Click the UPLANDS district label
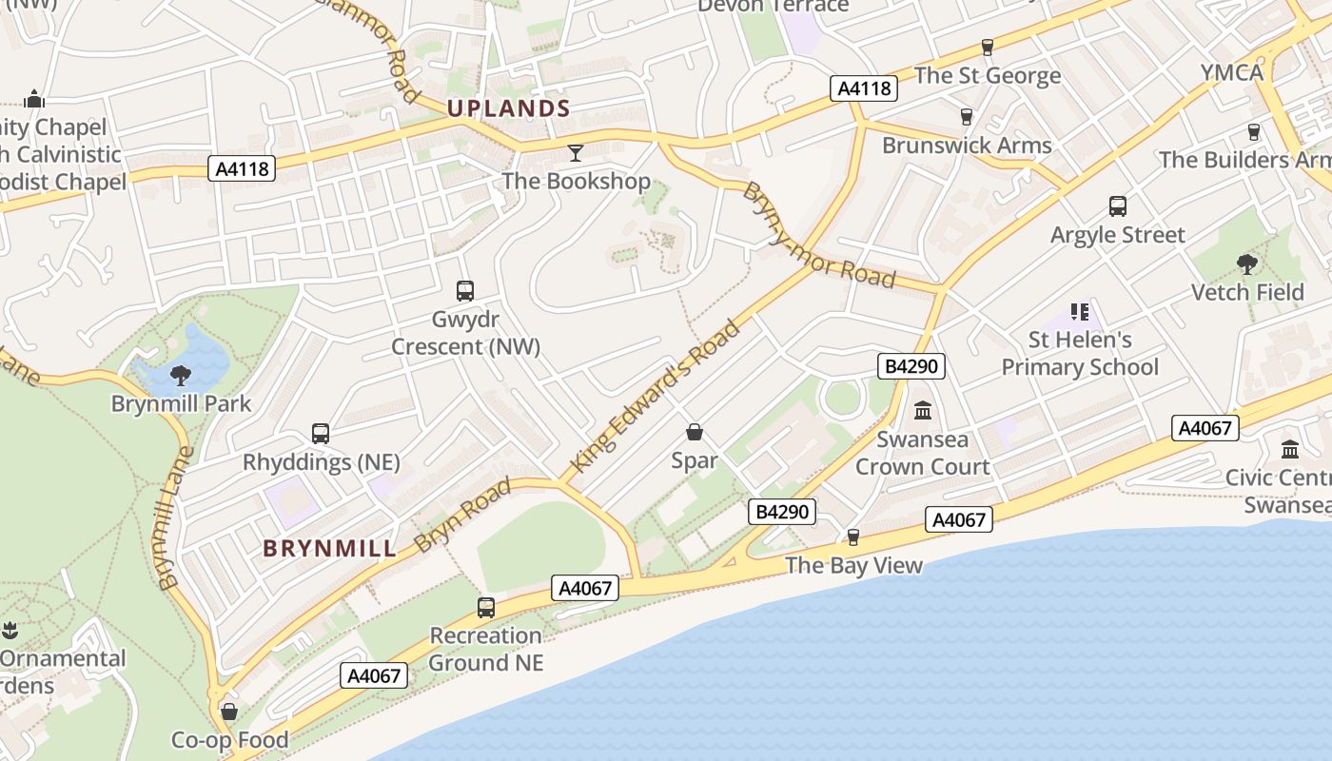coord(508,108)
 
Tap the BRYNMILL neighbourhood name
coord(329,548)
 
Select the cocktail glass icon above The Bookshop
coord(576,152)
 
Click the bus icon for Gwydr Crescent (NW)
coord(465,291)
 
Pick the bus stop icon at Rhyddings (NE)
coord(321,434)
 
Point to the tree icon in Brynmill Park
coord(181,376)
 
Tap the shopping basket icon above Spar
coord(695,432)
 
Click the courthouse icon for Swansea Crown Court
coord(922,411)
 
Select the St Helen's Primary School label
coord(1080,353)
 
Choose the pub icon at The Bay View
coord(853,537)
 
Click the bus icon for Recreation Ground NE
coord(486,607)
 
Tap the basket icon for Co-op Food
coord(229,712)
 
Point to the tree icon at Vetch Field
coord(1247,263)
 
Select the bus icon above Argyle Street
coord(1118,206)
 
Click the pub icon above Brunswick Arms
coord(967,117)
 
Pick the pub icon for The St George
coord(988,48)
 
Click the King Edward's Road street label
coord(656,396)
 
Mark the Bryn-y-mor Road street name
coord(818,235)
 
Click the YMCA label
coord(1231,73)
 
